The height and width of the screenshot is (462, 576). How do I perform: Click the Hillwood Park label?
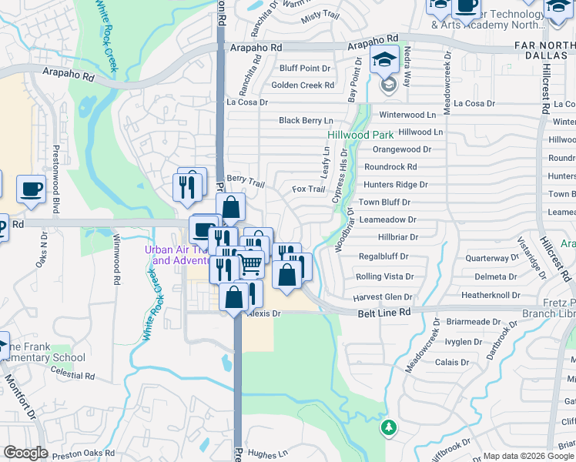tap(360, 135)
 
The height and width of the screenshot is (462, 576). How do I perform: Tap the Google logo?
tap(25, 453)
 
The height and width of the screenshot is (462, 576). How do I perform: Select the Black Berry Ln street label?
tap(306, 121)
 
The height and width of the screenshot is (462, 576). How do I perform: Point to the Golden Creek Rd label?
tap(303, 85)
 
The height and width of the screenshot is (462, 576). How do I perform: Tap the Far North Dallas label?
tap(544, 52)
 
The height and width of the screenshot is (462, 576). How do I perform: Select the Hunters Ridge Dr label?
tap(395, 185)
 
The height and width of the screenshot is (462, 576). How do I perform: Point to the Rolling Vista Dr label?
tap(384, 276)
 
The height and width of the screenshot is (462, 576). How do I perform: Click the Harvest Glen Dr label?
tap(383, 297)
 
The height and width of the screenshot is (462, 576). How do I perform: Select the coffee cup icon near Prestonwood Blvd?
tap(31, 189)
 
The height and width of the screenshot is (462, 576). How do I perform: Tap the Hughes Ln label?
tap(267, 454)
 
